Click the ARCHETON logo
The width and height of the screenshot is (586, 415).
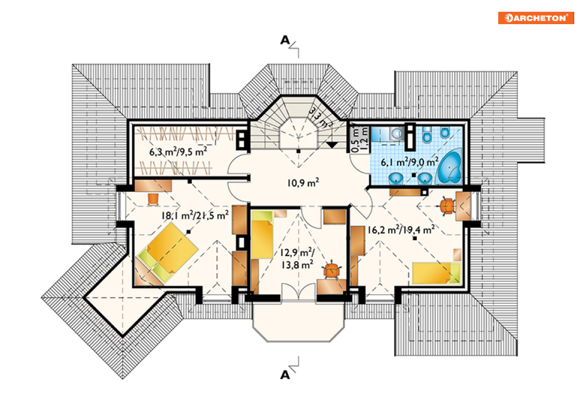point(536,18)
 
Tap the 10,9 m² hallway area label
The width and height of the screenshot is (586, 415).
point(303,182)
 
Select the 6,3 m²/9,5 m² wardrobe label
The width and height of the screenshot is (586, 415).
point(178,152)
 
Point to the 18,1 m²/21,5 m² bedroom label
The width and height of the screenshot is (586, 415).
point(195,215)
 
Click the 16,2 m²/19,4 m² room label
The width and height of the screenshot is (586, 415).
point(400,230)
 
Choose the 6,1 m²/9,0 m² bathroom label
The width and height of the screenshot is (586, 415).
point(409,162)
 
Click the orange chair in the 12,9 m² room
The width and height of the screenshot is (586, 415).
point(332,270)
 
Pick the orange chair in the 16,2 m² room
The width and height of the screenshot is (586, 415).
point(447,206)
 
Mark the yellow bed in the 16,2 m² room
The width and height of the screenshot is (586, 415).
point(436,273)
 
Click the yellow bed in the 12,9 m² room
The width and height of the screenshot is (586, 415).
point(262,235)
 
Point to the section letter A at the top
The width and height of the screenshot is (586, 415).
point(285,39)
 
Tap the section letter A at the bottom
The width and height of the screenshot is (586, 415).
point(285,374)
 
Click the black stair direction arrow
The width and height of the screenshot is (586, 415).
point(332,145)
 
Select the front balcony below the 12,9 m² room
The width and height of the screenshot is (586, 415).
point(298,321)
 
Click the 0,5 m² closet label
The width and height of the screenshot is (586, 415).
point(355,140)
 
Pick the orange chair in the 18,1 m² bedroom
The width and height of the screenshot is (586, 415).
point(153,199)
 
